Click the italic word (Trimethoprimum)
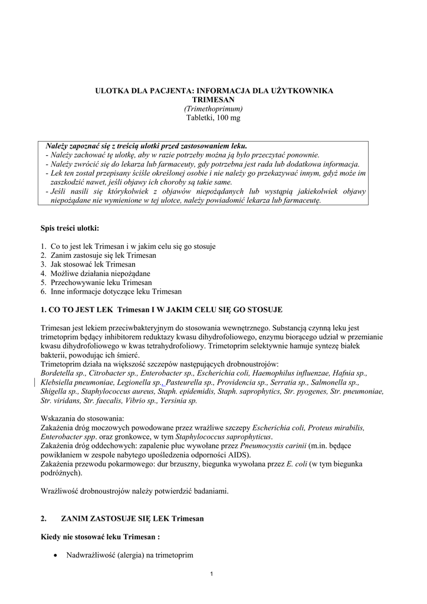point(213,109)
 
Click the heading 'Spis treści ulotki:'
point(70,228)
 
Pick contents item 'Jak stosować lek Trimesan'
point(90,264)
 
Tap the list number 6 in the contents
point(43,291)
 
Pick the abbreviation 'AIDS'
point(238,455)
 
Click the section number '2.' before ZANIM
point(44,518)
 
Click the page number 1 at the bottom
point(213,575)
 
